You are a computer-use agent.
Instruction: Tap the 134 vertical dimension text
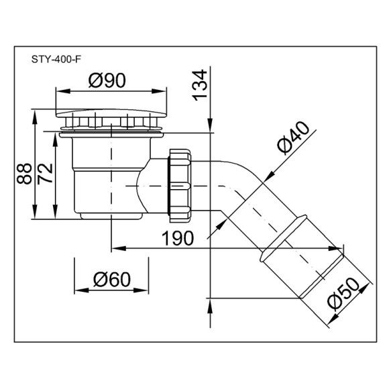(x=199, y=85)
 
